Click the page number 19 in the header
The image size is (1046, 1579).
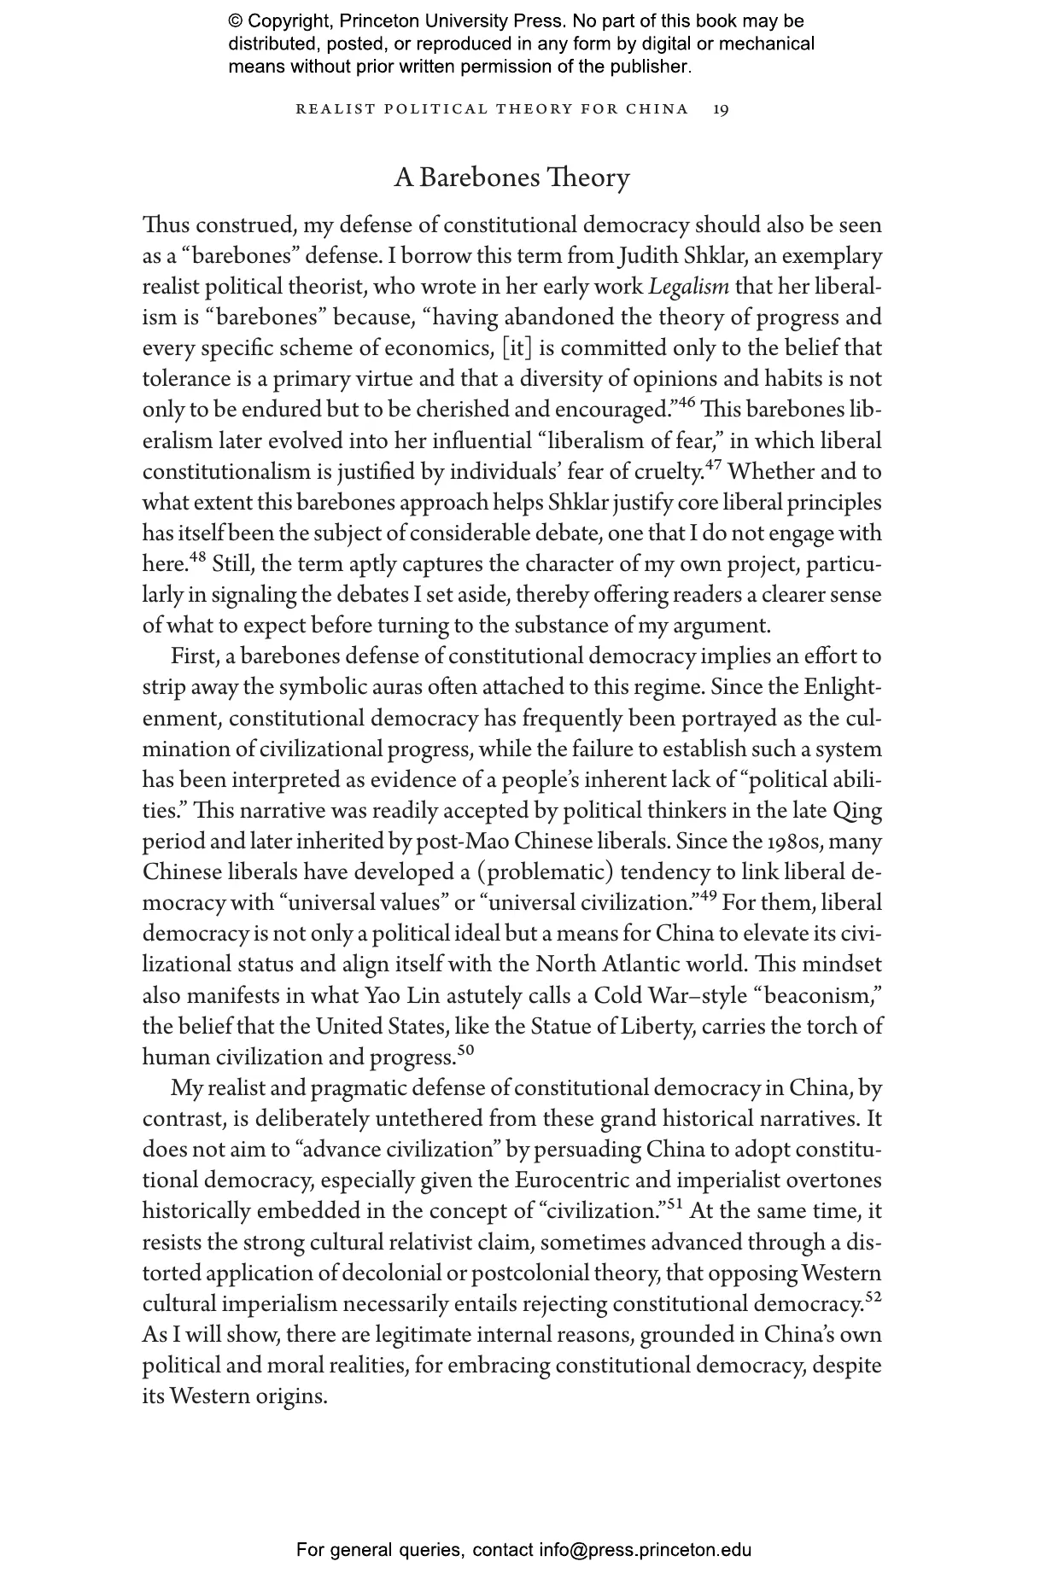[x=721, y=109]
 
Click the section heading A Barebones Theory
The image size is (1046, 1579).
[x=511, y=178]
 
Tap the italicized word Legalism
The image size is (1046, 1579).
[x=689, y=287]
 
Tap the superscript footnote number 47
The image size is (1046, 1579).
[x=715, y=465]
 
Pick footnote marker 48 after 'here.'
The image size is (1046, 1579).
[x=197, y=558]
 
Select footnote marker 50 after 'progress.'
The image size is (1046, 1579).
[x=465, y=1051]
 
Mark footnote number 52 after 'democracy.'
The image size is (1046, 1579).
[x=873, y=1297]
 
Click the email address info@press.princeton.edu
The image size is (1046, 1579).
[x=645, y=1550]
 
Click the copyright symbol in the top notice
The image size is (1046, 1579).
[x=236, y=21]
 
